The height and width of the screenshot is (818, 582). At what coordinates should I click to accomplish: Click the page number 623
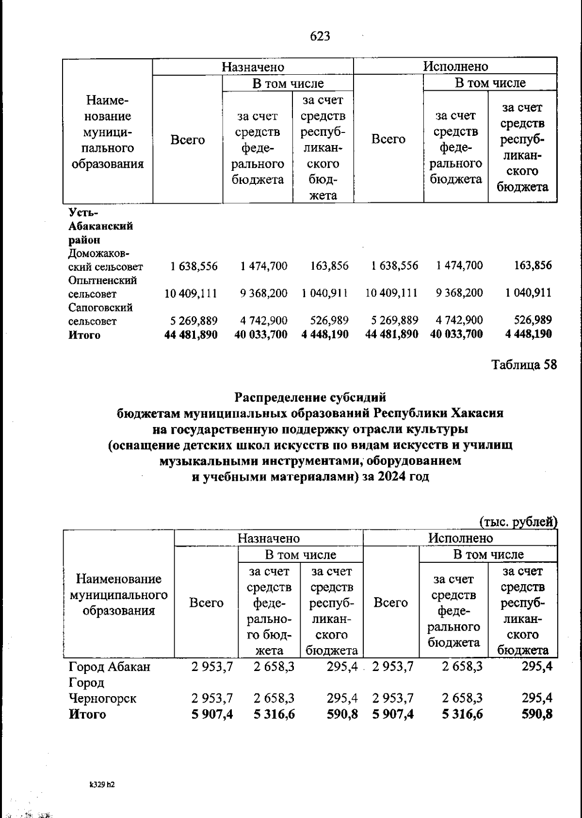tap(320, 36)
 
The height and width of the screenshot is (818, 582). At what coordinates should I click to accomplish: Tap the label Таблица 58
tap(524, 364)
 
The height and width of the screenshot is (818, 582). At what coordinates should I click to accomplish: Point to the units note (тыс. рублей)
tap(518, 522)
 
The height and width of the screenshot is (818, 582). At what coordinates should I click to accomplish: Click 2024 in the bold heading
tap(392, 476)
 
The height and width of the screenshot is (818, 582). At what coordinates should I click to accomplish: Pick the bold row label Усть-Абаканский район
tap(100, 226)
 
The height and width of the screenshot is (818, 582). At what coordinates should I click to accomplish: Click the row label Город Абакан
tap(110, 667)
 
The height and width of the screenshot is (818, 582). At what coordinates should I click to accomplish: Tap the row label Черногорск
tap(102, 698)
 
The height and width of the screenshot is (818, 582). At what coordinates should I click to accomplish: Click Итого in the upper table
tap(84, 335)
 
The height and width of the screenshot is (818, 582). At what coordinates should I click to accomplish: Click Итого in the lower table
tap(87, 714)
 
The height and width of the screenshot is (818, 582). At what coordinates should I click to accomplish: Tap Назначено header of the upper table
tap(253, 66)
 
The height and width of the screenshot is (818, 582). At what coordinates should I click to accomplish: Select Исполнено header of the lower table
tap(460, 538)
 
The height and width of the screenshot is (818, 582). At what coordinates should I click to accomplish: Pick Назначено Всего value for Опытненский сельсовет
tap(191, 294)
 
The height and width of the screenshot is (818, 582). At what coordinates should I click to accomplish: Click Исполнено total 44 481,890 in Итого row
tap(391, 334)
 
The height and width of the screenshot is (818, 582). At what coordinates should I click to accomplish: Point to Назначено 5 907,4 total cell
tap(212, 714)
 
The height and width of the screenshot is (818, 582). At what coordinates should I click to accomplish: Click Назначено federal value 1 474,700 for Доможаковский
tap(263, 266)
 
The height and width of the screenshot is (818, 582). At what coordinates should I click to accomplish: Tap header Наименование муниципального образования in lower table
tap(119, 594)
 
